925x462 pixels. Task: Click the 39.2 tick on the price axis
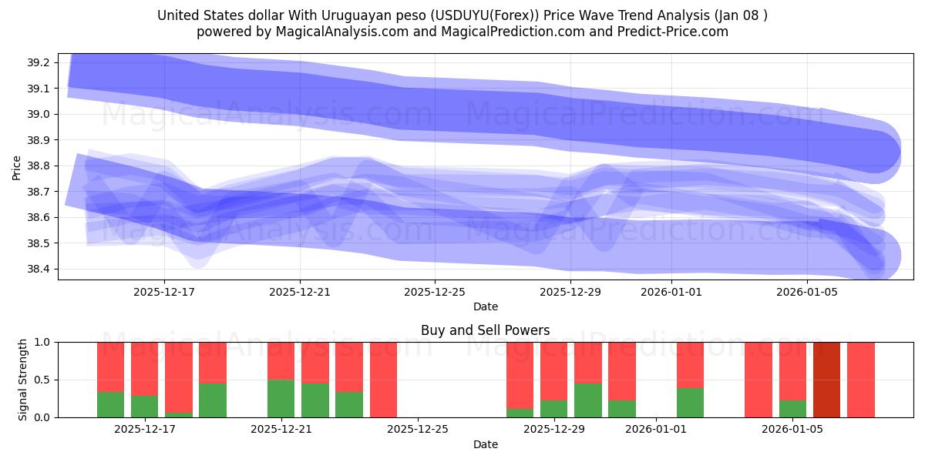click(40, 62)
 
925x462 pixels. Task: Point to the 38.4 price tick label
click(40, 269)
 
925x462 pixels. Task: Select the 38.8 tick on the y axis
click(40, 166)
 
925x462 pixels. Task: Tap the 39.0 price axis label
click(40, 114)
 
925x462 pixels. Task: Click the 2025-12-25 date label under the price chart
click(435, 292)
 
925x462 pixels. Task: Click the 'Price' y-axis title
click(17, 167)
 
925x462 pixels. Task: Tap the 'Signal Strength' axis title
click(23, 380)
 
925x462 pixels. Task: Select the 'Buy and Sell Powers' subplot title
click(485, 330)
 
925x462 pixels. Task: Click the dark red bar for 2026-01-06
click(827, 380)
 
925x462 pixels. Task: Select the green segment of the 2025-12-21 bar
click(281, 398)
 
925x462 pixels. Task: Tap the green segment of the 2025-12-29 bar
click(553, 408)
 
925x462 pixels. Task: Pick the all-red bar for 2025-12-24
click(383, 380)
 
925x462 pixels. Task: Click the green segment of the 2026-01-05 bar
click(792, 408)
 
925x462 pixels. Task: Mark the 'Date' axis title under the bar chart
click(485, 444)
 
